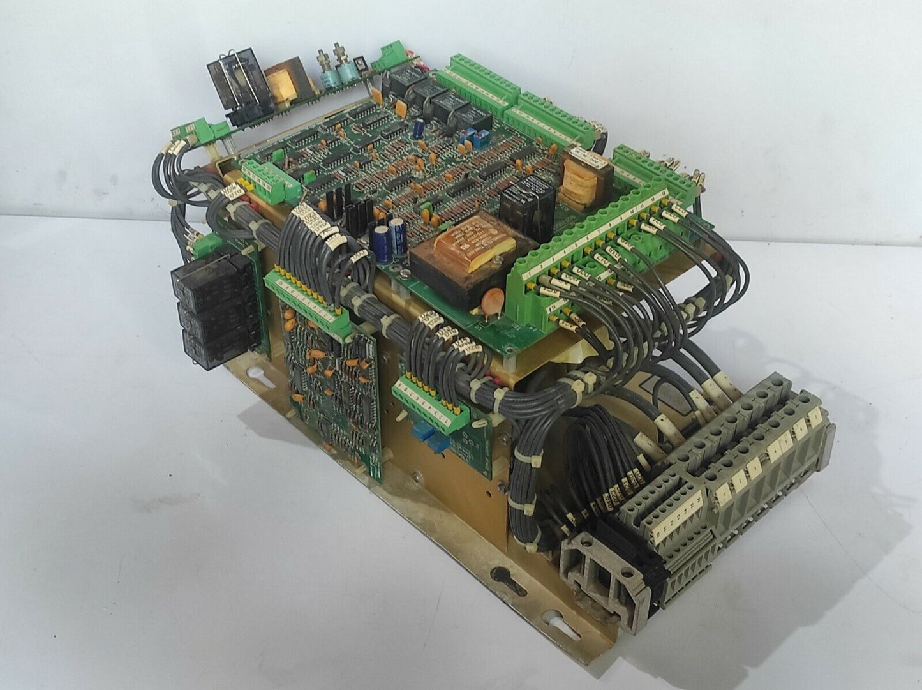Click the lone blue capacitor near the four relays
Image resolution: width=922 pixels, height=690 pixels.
pyautogui.click(x=419, y=128)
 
